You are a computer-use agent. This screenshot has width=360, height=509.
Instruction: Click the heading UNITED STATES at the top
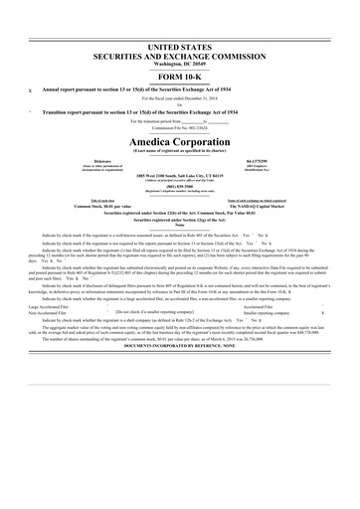[180, 47]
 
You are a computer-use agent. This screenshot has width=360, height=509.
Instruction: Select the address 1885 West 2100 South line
[180, 201]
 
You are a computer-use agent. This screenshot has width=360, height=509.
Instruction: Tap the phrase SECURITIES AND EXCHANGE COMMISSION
[180, 57]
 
